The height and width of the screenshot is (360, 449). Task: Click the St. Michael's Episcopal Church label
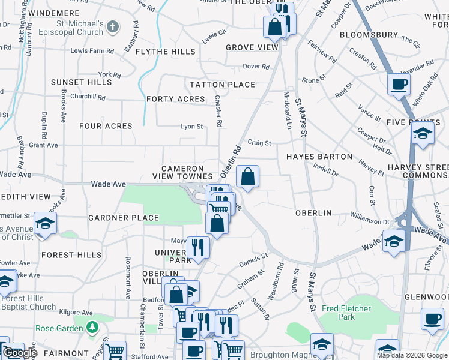click(76, 28)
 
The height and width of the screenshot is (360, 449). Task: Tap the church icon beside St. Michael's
click(114, 26)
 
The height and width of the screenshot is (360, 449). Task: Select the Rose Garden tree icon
click(92, 328)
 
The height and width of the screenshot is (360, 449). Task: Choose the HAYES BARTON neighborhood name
click(319, 157)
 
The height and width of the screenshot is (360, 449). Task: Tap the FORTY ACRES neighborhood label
click(175, 99)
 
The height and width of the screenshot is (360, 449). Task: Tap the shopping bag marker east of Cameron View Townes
click(247, 176)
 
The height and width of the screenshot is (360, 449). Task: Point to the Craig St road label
click(259, 143)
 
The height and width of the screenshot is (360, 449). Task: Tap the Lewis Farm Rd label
click(92, 51)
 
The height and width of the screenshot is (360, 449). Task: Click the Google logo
click(20, 353)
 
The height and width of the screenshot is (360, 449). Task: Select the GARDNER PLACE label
click(124, 218)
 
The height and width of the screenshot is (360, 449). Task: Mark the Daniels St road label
click(253, 259)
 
